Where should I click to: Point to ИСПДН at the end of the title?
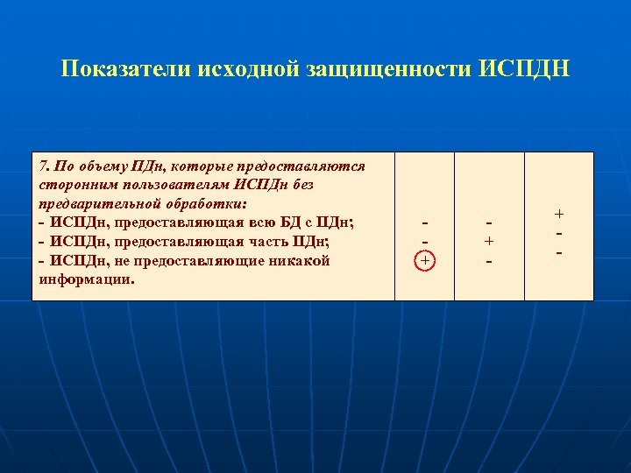click(525, 69)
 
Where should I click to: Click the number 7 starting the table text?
click(44, 166)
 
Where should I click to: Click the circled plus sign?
click(425, 260)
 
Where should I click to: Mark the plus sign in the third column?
click(489, 242)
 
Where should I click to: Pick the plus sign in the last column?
click(559, 214)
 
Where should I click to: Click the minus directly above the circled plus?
click(425, 242)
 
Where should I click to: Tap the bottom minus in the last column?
click(559, 252)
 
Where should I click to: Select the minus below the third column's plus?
click(489, 261)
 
